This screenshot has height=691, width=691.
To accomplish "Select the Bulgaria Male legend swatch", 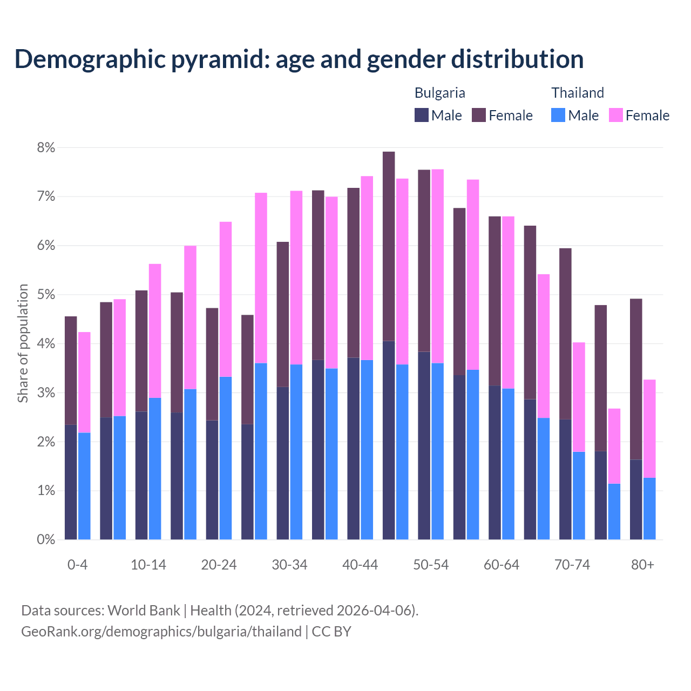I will [x=422, y=115].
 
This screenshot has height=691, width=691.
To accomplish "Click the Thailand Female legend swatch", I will [x=615, y=115].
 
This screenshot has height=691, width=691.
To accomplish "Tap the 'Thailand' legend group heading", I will [x=577, y=93].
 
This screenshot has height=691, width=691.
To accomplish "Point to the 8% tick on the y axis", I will [x=45, y=147].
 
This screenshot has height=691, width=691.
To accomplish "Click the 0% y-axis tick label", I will [x=45, y=539].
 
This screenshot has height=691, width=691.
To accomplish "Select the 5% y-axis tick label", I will [x=45, y=295].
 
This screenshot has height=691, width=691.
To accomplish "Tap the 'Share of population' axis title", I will [x=23, y=343].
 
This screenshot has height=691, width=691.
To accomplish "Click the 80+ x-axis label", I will [x=642, y=565].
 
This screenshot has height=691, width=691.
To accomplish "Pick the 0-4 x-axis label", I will [x=77, y=565].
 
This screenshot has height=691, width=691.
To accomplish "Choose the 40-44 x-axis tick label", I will [x=360, y=565].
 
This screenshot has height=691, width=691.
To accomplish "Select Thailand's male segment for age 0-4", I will [x=84, y=486].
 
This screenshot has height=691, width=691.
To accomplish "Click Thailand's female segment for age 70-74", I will [x=579, y=397].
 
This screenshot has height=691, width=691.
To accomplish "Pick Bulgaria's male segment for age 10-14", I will [x=141, y=475].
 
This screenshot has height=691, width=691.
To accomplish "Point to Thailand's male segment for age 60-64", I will [x=508, y=464].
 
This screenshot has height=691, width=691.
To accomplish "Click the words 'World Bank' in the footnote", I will [x=144, y=611].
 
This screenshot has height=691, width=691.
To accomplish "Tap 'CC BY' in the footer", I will [x=331, y=632].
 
